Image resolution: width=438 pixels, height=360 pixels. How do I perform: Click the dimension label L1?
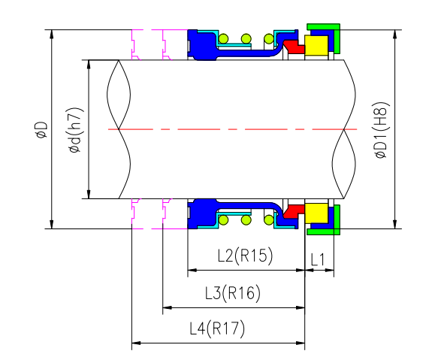point(318,259)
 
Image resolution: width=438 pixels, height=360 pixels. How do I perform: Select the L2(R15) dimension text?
point(244,256)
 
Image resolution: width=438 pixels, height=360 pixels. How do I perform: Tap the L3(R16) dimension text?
point(233,293)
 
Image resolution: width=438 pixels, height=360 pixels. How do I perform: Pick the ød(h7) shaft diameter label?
point(75,129)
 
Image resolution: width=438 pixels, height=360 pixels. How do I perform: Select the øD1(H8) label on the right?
point(381,129)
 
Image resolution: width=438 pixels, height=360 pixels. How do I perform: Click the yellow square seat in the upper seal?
point(316,47)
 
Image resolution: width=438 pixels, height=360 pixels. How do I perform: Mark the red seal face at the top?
point(295,47)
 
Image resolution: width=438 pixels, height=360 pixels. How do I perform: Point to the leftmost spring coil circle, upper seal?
point(223,38)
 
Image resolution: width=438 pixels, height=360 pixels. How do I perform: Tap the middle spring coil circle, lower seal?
point(245,221)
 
